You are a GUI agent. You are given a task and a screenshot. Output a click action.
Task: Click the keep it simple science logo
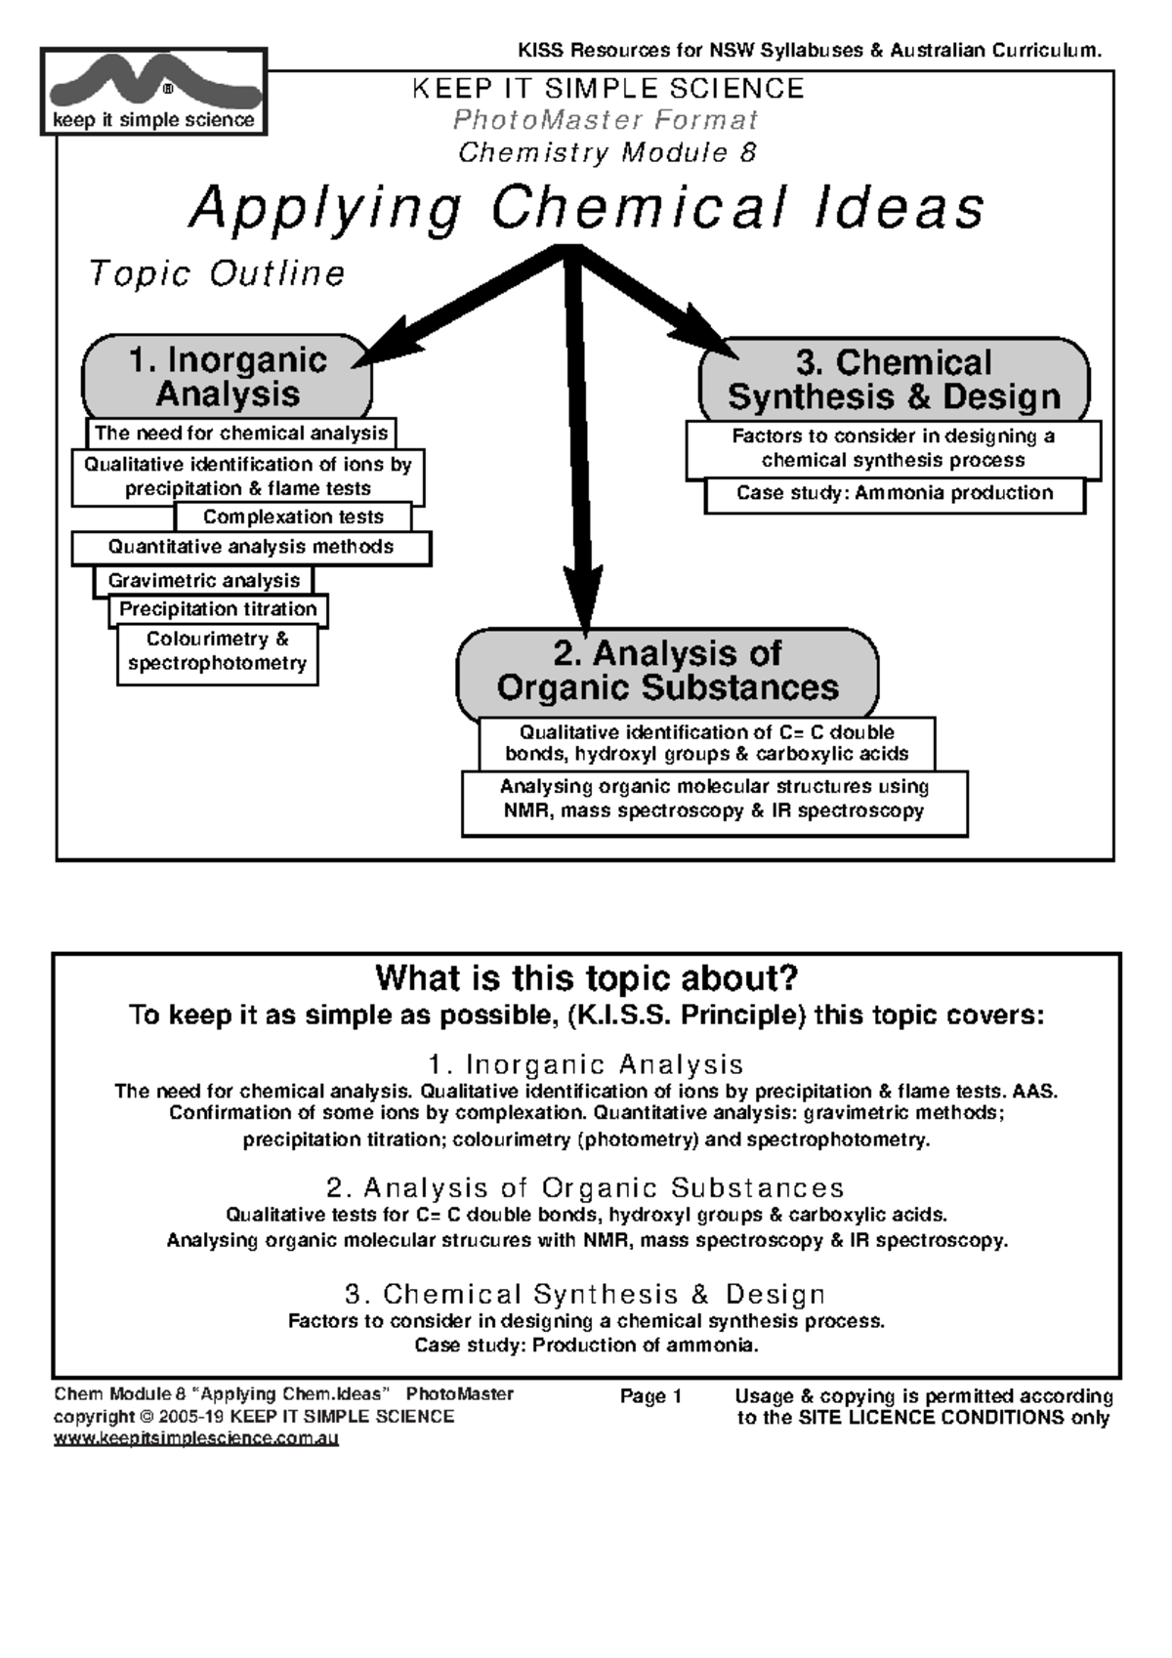[153, 93]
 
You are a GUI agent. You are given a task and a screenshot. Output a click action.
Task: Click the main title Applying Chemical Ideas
[586, 208]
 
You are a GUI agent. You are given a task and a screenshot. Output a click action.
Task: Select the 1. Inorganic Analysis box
[228, 377]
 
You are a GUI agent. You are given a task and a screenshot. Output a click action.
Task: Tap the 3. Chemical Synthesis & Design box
[894, 380]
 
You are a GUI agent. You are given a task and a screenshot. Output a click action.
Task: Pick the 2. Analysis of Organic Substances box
[667, 671]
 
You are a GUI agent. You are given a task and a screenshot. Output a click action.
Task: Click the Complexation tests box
[293, 517]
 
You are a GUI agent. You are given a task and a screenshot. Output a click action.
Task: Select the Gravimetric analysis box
[203, 580]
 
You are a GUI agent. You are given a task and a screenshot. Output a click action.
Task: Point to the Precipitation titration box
[218, 609]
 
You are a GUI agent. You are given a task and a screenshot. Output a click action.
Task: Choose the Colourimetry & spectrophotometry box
[217, 651]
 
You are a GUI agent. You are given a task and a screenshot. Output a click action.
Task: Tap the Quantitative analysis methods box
[251, 547]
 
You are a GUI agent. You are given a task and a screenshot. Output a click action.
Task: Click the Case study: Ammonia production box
[895, 493]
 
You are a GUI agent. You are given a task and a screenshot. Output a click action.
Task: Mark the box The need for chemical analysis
[240, 433]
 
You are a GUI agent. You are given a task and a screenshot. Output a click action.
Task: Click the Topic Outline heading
[217, 273]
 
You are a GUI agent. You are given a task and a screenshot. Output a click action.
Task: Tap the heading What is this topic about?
[586, 977]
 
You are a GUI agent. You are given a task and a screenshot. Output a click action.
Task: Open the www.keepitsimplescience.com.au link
[195, 1438]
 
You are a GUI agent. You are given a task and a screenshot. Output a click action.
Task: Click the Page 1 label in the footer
[650, 1396]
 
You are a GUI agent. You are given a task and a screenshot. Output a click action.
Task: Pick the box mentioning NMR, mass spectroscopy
[714, 800]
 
